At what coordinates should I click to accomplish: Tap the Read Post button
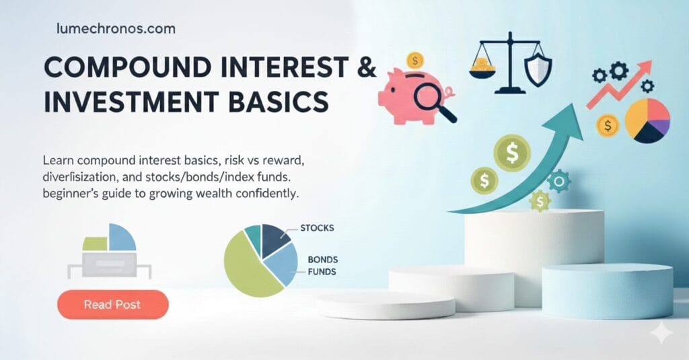[x=112, y=305]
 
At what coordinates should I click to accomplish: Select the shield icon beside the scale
[x=538, y=70]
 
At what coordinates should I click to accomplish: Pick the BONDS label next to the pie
[x=322, y=259]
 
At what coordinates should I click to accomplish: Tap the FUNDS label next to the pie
[x=322, y=272]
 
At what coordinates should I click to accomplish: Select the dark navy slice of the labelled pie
[x=274, y=239]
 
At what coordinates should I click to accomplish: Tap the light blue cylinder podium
[x=607, y=290]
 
